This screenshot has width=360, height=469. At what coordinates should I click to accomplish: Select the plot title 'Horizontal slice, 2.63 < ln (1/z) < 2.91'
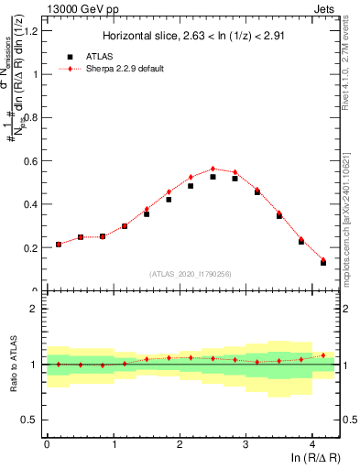[x=193, y=37]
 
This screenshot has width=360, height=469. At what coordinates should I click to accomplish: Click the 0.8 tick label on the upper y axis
[x=31, y=117]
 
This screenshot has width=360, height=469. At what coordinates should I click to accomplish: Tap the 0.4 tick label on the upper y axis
[x=31, y=204]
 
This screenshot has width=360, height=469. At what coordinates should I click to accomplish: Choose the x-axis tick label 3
[x=246, y=443]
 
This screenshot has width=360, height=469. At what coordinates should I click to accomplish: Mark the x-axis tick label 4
[x=312, y=443]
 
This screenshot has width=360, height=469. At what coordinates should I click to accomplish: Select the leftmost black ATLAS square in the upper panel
[x=59, y=245]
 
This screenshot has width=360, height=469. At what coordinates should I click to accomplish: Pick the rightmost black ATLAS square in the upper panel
[x=323, y=263]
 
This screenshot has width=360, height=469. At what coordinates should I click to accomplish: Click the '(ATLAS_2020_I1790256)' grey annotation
[x=193, y=274]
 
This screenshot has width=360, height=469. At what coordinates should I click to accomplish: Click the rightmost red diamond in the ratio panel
[x=323, y=354]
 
